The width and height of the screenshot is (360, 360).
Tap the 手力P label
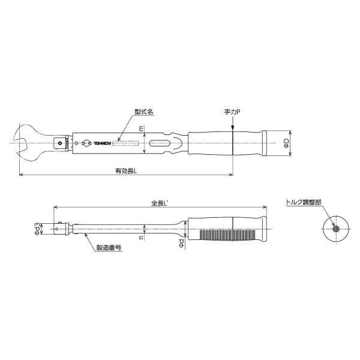click(232, 111)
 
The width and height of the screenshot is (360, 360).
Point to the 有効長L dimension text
click(126, 170)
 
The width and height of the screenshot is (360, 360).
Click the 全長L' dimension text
click(160, 203)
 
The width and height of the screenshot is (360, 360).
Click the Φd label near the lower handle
click(181, 242)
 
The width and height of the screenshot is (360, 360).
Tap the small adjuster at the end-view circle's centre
click(335, 228)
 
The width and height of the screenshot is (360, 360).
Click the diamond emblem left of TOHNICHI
click(85, 143)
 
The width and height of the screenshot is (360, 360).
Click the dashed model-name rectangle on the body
click(128, 143)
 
